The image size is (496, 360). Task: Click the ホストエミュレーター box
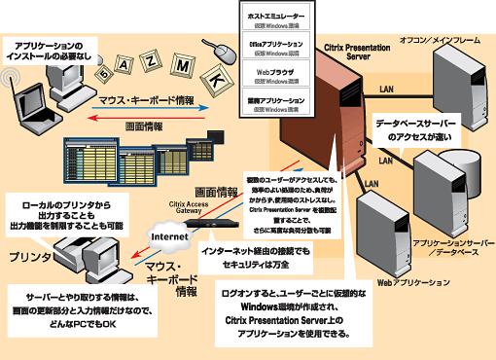click(275, 21)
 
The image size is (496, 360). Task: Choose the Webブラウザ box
click(275, 76)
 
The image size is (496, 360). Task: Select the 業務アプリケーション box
click(275, 104)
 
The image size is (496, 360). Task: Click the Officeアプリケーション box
click(275, 49)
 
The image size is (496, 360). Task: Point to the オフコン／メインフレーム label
click(441, 38)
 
